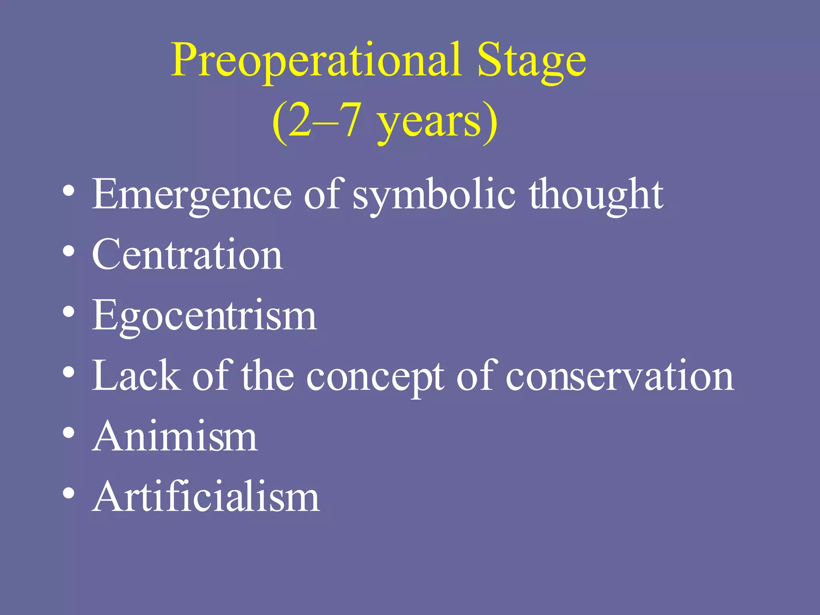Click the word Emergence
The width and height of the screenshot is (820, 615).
point(192,195)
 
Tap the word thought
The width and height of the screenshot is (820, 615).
point(596,195)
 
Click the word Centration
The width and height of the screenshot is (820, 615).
point(187,255)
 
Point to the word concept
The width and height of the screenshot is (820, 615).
point(375,376)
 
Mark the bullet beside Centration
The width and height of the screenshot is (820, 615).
point(69,252)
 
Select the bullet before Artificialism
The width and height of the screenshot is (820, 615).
point(69,493)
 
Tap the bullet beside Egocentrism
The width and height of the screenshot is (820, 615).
point(69,312)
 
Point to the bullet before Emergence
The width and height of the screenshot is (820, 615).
point(69,191)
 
